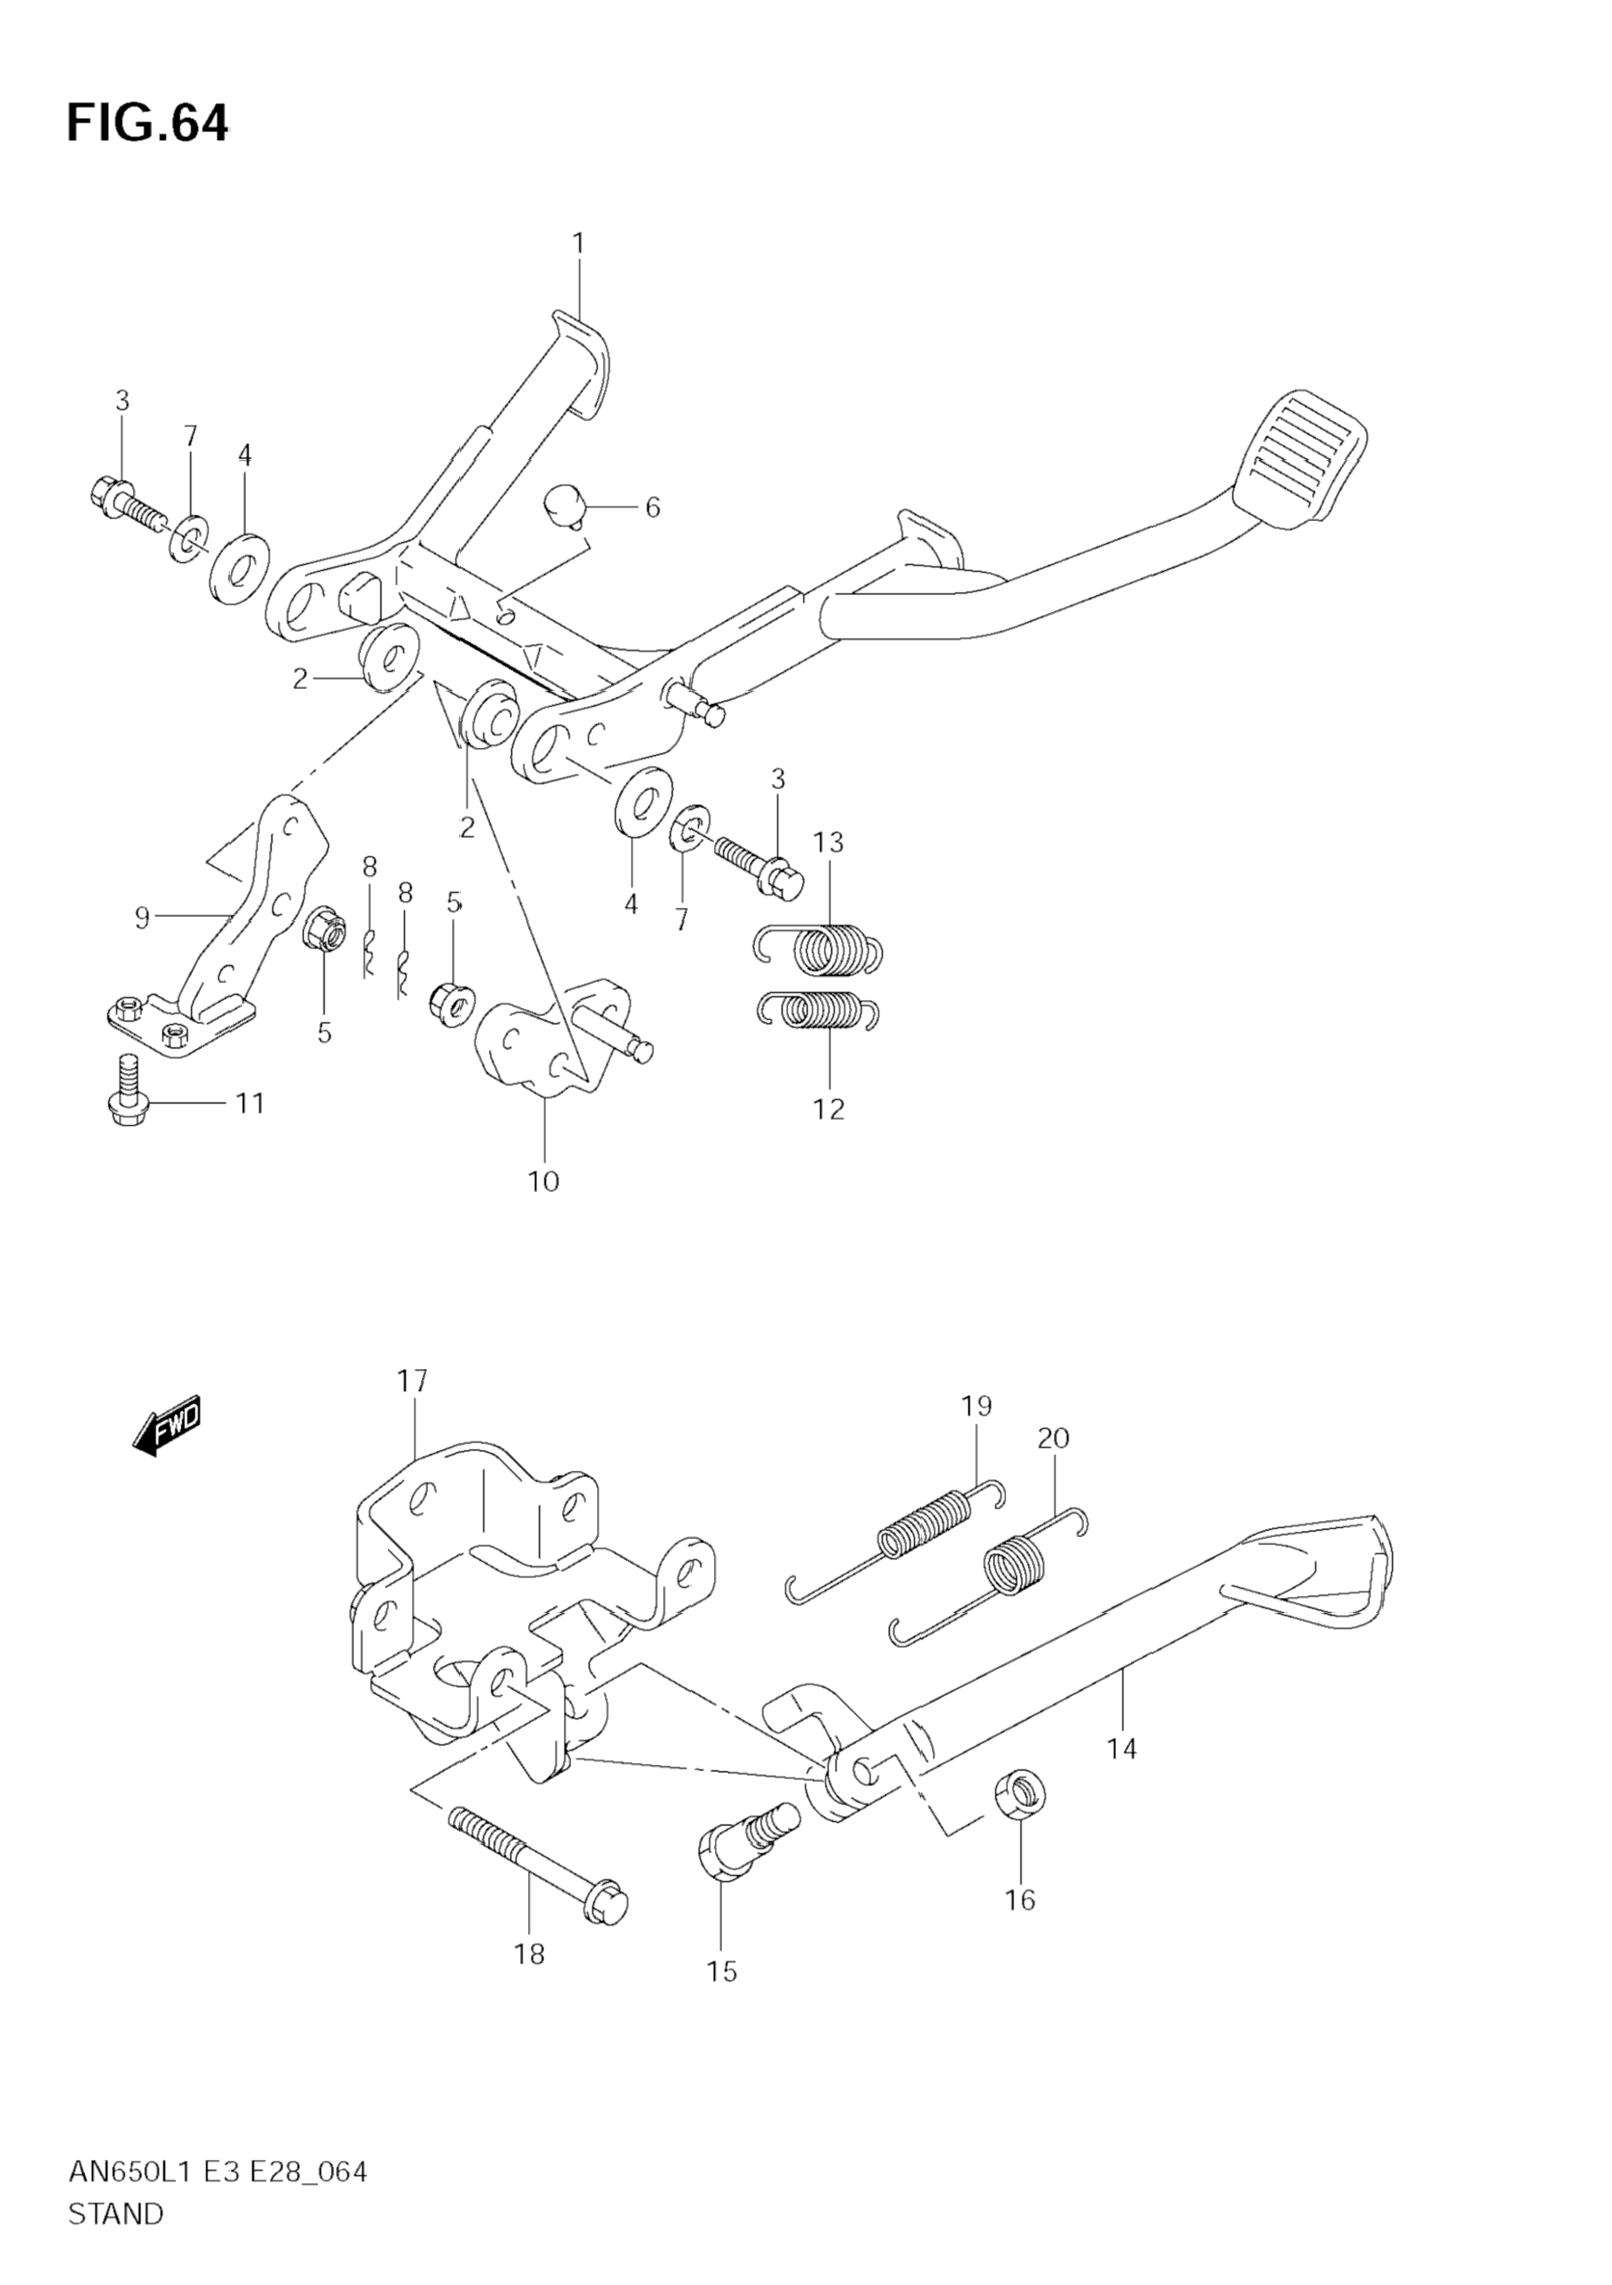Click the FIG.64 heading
147,123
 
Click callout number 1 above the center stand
578,243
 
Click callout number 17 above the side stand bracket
412,1381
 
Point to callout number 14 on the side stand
1121,1749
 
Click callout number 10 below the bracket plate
543,1182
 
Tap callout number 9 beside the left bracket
142,917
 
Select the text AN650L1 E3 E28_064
217,2172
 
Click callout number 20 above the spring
1053,1438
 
